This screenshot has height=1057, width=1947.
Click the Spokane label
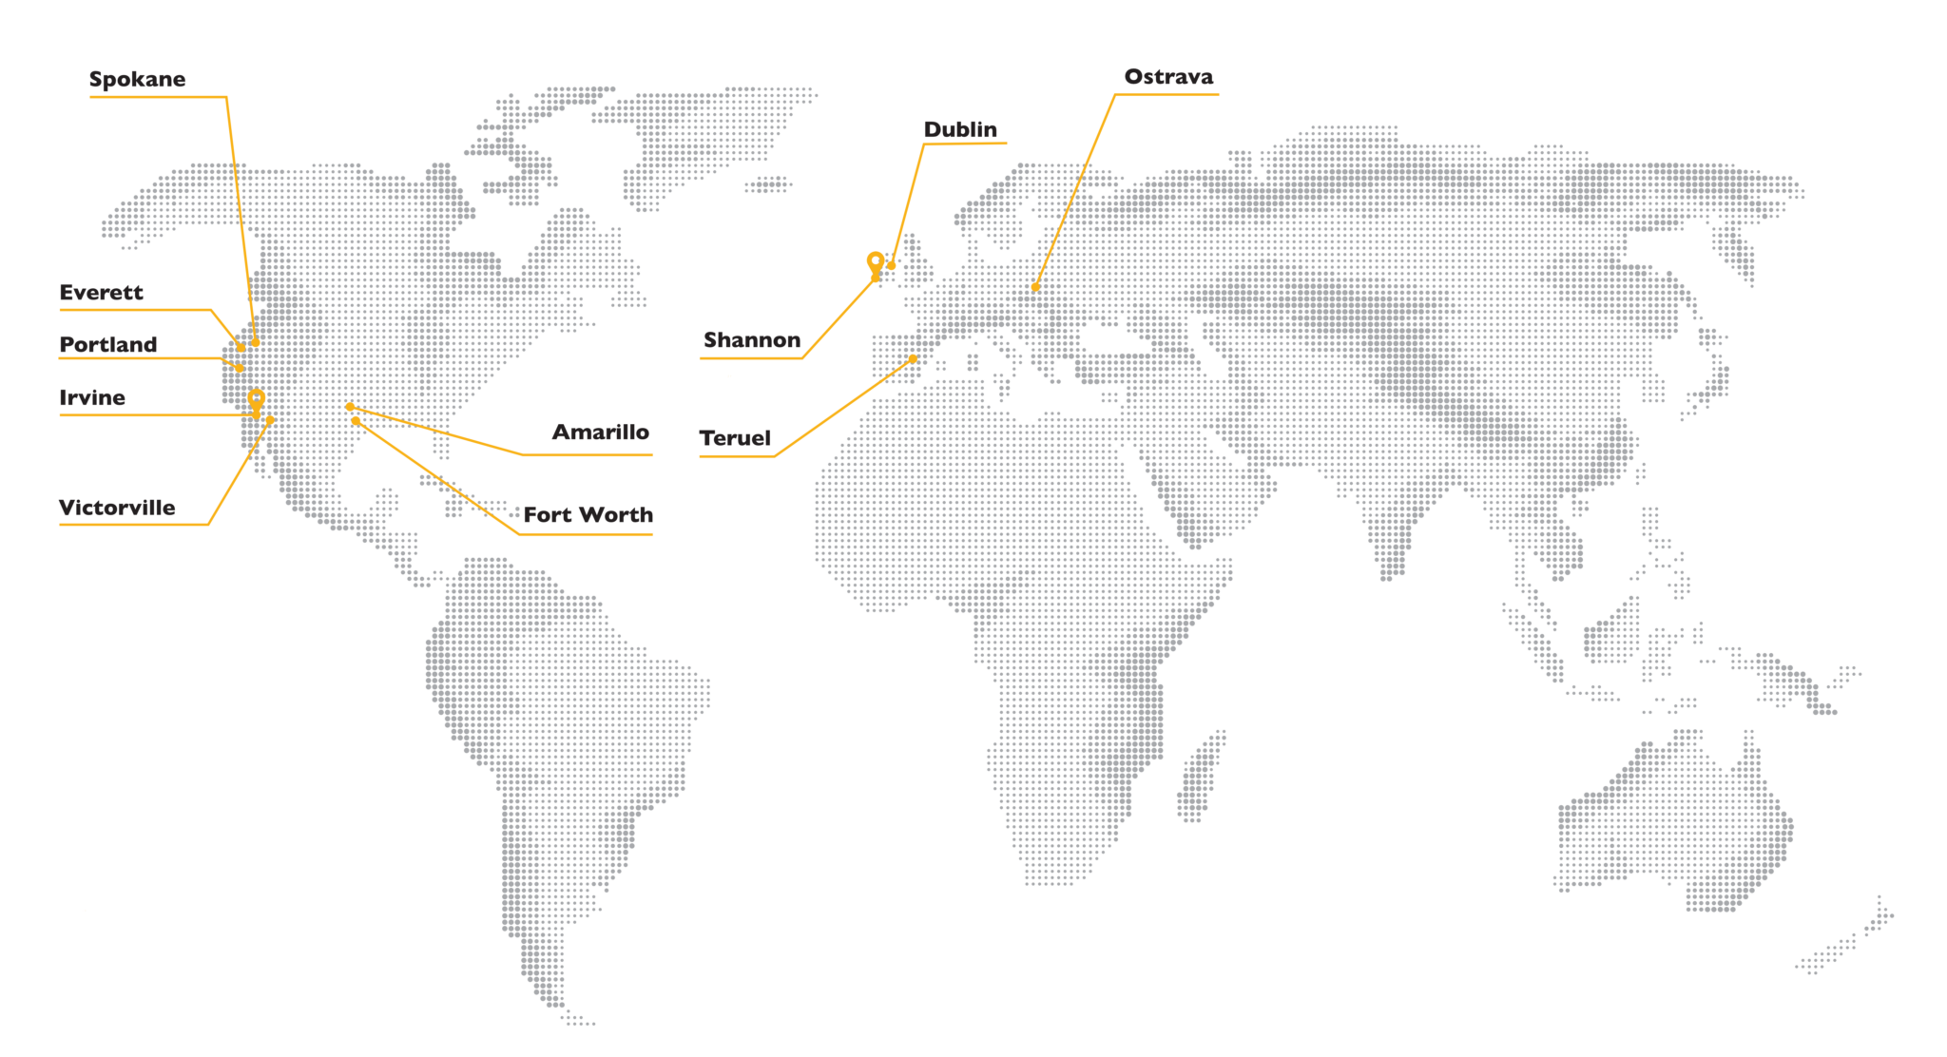(x=137, y=79)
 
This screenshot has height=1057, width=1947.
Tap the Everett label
(x=101, y=293)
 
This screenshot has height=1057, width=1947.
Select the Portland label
(x=107, y=345)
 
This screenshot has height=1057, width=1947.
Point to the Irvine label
(x=91, y=398)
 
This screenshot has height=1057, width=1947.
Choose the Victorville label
(x=117, y=508)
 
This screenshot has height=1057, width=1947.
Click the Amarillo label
(x=601, y=432)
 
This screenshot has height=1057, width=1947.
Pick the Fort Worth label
(x=588, y=515)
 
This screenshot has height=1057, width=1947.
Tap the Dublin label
(x=960, y=129)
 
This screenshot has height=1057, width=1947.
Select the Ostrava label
(x=1168, y=77)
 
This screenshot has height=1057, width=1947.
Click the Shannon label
(x=751, y=340)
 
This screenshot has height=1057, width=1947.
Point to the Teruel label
(x=735, y=438)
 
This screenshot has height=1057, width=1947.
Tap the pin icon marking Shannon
(x=875, y=262)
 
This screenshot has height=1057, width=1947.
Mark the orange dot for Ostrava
(x=1035, y=287)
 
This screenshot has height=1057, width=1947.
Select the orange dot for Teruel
(x=913, y=359)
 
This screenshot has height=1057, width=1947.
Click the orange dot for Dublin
(x=891, y=265)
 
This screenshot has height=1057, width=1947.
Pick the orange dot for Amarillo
(x=350, y=407)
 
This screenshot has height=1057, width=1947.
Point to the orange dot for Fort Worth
(x=356, y=420)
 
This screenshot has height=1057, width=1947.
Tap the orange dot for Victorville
(x=270, y=419)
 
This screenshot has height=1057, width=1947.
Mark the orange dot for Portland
(x=241, y=368)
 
